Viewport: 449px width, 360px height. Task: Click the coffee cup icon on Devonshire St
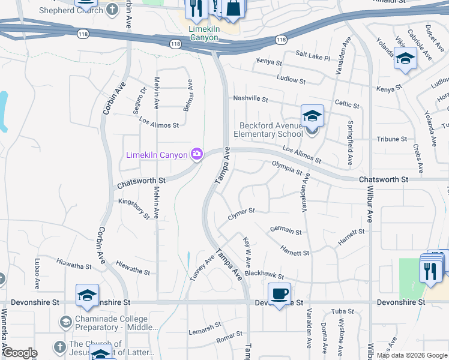tap(279, 294)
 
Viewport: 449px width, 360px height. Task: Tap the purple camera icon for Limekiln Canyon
tap(196, 155)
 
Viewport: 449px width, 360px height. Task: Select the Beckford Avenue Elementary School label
tap(271, 130)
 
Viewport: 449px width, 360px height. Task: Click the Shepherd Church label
tap(71, 10)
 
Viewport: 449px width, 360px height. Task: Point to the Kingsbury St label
tap(134, 207)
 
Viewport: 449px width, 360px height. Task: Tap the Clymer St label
tap(241, 214)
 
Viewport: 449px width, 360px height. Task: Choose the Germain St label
tap(286, 230)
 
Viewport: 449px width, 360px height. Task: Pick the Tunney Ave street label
tap(202, 267)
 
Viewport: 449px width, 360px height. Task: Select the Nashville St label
tap(250, 99)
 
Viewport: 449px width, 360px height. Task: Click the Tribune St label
tap(391, 139)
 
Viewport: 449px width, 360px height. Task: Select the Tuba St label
tap(343, 311)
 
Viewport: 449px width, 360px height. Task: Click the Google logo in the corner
tap(19, 353)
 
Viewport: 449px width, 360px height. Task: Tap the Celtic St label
tap(347, 105)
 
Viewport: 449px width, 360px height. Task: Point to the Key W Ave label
tap(247, 251)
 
